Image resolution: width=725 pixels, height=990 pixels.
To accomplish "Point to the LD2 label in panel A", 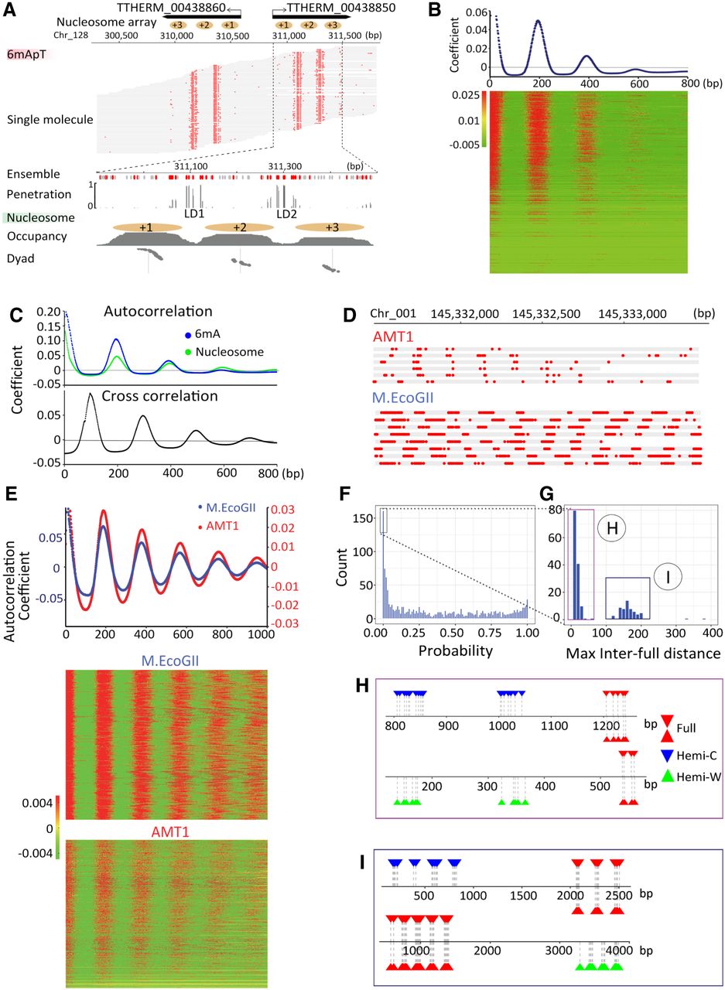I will pyautogui.click(x=286, y=213).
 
